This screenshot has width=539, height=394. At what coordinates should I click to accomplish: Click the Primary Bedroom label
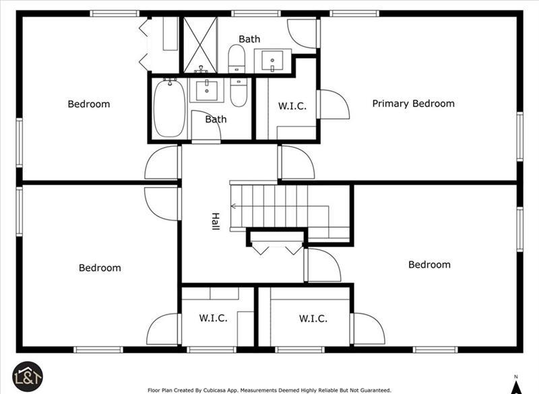click(413, 104)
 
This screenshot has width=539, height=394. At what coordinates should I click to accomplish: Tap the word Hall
click(216, 221)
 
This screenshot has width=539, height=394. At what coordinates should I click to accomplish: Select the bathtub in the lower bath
click(169, 108)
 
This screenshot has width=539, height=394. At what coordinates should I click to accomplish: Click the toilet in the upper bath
click(236, 59)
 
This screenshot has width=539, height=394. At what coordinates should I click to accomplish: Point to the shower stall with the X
click(199, 45)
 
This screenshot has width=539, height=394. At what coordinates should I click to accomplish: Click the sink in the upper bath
click(273, 61)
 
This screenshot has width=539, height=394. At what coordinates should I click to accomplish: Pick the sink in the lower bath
click(207, 90)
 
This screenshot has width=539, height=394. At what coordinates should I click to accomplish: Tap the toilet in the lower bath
click(239, 92)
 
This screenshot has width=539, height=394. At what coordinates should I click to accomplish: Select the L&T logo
click(28, 376)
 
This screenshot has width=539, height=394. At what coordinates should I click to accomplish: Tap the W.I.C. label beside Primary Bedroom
click(292, 106)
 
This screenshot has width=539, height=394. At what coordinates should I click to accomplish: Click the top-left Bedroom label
click(89, 104)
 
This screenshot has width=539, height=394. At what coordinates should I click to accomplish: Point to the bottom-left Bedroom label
click(100, 268)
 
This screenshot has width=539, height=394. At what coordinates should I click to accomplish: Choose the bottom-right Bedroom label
click(429, 265)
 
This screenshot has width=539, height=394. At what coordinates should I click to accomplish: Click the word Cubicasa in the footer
click(216, 390)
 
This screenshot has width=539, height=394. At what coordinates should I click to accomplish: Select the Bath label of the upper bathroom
click(249, 39)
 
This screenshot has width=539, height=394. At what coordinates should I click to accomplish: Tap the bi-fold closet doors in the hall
click(277, 249)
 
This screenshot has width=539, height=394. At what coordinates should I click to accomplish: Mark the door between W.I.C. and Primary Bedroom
click(334, 104)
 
